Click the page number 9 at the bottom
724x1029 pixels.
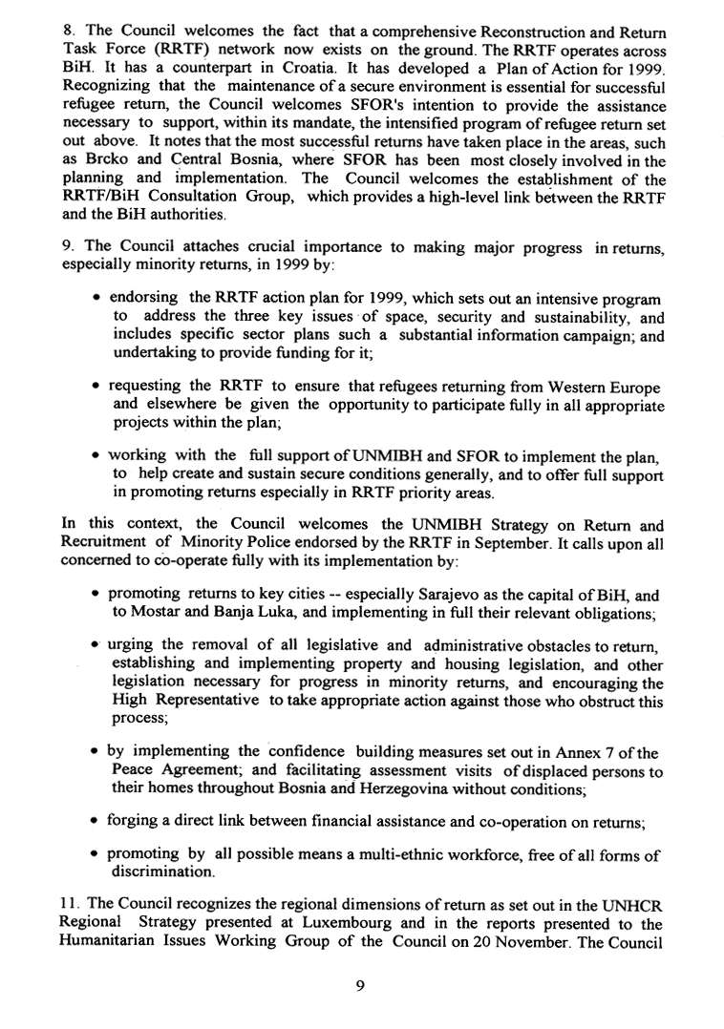point(359,989)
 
